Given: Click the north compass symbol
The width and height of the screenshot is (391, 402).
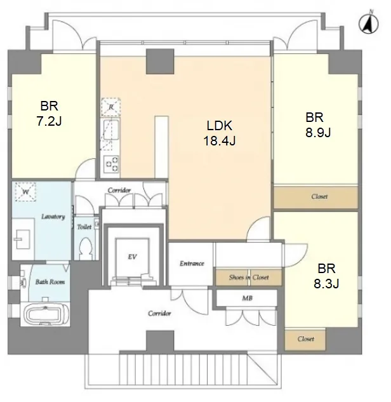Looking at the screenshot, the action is click(x=368, y=23).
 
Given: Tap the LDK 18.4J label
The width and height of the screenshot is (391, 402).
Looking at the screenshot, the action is click(x=220, y=133).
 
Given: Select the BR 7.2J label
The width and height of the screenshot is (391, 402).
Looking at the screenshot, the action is click(x=50, y=113).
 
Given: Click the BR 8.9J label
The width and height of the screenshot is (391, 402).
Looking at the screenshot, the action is click(x=318, y=125).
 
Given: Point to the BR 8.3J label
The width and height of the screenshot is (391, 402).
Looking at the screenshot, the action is click(x=326, y=276).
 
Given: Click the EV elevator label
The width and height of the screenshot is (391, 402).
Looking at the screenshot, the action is click(x=133, y=257).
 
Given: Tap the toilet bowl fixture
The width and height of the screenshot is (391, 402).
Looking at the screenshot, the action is click(x=85, y=248).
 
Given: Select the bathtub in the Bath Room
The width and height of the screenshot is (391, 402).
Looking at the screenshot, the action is click(x=45, y=314).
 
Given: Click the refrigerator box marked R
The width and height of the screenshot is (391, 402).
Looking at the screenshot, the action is click(x=111, y=107).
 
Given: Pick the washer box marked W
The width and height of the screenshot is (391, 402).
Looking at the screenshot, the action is click(x=25, y=192).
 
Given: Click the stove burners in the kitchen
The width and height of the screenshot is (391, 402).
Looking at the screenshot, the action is click(x=112, y=164).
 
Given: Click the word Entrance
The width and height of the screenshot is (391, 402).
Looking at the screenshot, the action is click(x=192, y=264).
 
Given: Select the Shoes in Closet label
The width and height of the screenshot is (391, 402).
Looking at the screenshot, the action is click(x=249, y=277).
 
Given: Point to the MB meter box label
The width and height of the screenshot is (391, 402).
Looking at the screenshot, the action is click(x=247, y=298).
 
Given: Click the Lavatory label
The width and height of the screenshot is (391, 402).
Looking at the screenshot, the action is click(x=53, y=217).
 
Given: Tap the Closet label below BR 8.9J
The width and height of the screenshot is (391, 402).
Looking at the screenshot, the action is click(x=319, y=196).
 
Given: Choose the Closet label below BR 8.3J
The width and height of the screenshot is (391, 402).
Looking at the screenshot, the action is click(x=306, y=338).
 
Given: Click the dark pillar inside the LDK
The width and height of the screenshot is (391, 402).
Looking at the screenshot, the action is click(x=160, y=61).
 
